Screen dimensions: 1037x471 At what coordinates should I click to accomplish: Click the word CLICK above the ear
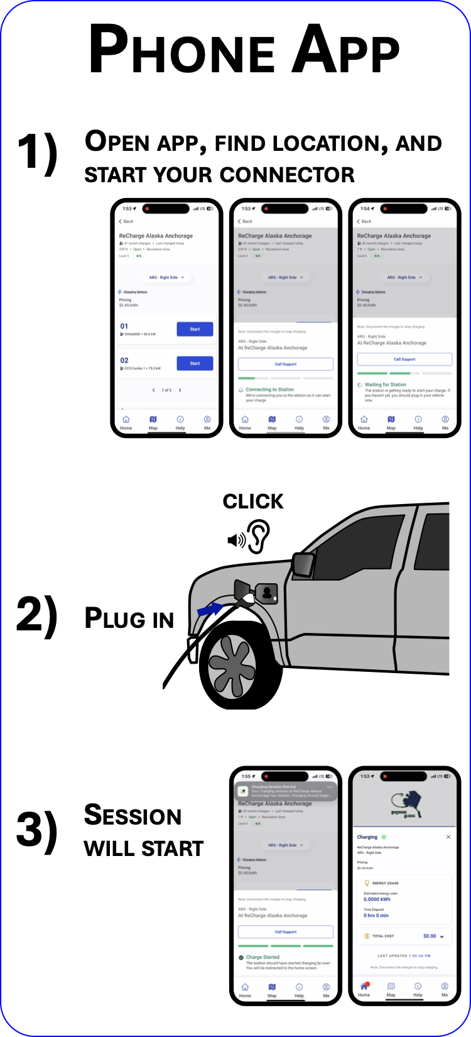[253, 501]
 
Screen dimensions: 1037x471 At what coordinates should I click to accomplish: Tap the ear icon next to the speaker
[259, 536]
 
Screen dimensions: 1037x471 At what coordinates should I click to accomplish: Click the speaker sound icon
[236, 540]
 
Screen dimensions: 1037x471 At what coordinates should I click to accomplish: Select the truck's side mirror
[303, 564]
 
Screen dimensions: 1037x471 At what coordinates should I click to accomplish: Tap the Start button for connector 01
[195, 329]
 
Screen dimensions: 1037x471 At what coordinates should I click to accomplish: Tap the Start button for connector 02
[195, 363]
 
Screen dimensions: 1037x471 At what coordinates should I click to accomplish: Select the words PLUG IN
[129, 618]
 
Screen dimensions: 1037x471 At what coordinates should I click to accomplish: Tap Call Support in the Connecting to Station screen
[285, 364]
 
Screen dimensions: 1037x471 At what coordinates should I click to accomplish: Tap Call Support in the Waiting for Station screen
[404, 359]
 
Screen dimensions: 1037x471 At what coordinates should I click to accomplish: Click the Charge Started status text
[263, 957]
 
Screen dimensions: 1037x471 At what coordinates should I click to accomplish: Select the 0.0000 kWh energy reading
[377, 899]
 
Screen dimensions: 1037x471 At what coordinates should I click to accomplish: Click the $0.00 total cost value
[430, 936]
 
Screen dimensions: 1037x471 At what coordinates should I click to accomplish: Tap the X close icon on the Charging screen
[448, 837]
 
